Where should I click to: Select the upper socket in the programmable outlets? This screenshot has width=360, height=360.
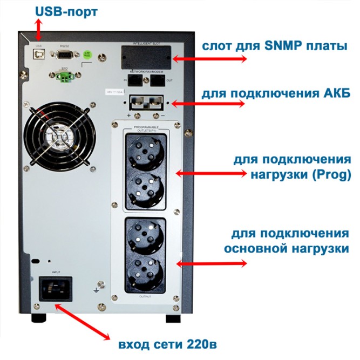(144, 150)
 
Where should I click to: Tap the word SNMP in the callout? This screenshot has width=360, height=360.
(283, 46)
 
